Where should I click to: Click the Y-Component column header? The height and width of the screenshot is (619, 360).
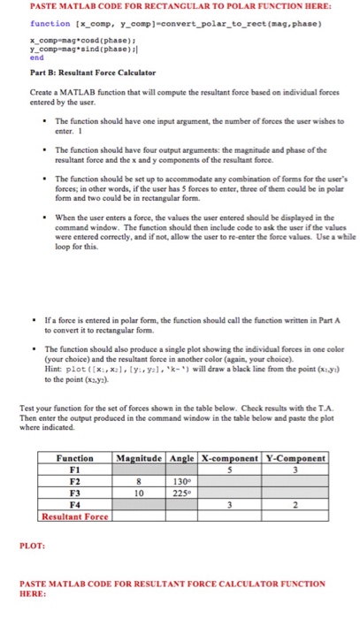point(297,458)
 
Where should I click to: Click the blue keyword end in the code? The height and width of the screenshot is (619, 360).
point(35,57)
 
